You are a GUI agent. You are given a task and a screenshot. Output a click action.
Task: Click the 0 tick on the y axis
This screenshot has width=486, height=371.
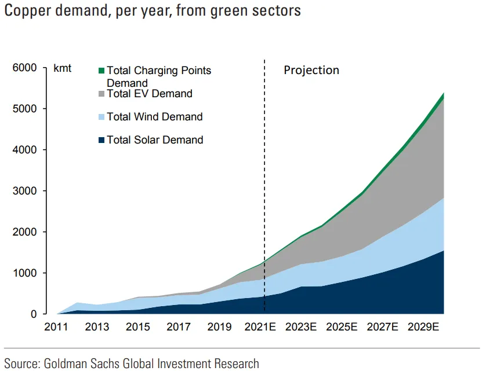(34, 314)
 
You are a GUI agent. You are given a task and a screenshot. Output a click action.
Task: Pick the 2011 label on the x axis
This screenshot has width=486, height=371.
(57, 327)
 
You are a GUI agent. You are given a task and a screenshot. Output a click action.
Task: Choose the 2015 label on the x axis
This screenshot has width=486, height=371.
(138, 327)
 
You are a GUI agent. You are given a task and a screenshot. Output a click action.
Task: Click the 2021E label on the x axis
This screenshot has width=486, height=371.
(260, 327)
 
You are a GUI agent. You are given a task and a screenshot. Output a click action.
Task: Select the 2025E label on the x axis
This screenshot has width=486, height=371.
(342, 327)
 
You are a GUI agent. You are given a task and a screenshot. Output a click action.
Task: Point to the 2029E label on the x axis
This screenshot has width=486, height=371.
(423, 327)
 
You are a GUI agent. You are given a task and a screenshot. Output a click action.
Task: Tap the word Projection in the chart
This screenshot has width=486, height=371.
(311, 71)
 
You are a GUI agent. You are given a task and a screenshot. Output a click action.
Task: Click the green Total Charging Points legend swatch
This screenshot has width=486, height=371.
(101, 71)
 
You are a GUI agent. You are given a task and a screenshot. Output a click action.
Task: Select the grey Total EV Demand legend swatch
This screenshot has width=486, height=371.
(101, 94)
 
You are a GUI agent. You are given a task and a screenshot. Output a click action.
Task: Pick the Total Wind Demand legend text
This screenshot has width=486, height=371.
(154, 117)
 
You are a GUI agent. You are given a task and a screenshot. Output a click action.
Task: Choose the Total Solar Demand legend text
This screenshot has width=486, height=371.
(154, 140)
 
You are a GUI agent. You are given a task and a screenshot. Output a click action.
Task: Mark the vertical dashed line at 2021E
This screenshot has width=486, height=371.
(264, 174)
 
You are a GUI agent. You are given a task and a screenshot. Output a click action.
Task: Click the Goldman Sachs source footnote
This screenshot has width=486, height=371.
(132, 363)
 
